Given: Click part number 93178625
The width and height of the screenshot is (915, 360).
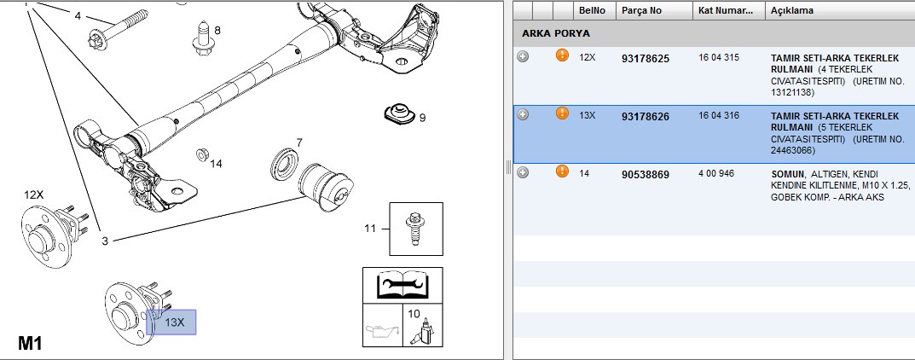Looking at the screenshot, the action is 646,58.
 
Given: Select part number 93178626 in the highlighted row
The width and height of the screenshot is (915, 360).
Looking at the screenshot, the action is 646,117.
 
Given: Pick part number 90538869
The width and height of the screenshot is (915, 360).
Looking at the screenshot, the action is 646,175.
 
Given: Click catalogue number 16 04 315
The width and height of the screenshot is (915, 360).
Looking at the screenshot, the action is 718,57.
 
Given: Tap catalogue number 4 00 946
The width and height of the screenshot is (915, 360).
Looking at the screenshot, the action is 716,173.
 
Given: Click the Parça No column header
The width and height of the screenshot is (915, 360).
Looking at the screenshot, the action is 641,10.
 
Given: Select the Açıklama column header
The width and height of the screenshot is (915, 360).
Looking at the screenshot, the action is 792,10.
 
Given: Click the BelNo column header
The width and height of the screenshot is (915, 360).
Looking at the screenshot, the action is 592,10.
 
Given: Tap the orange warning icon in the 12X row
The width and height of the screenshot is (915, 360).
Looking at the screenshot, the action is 562,55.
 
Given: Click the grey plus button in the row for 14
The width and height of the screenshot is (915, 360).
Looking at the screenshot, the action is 523,172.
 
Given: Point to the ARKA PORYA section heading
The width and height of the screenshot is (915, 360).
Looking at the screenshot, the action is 555,33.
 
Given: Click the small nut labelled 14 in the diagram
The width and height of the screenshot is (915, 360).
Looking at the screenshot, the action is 202,154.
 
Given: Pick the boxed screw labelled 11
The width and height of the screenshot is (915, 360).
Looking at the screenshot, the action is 416,229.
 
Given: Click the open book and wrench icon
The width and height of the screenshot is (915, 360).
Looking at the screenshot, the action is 402,285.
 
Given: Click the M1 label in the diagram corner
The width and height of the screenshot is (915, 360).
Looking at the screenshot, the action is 31,343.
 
